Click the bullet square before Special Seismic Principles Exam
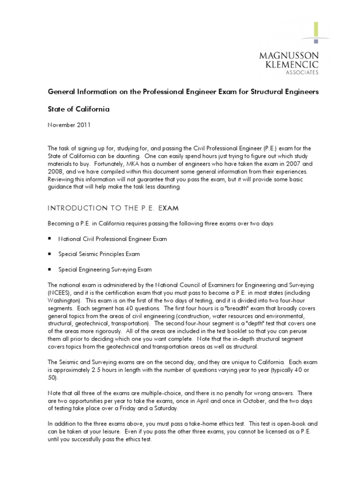click(x=50, y=254)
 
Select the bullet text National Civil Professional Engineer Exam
click(x=112, y=239)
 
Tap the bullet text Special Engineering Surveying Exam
click(x=105, y=270)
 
